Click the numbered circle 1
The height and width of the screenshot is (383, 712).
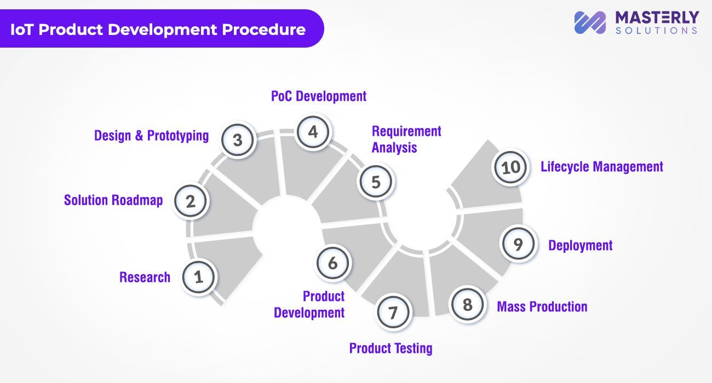[x=198, y=277]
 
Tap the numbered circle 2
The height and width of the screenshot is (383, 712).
[x=191, y=201]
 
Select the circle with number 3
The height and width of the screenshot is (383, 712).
[x=238, y=140]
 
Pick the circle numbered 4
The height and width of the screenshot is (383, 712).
[x=313, y=132]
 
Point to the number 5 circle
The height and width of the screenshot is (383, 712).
[x=376, y=182]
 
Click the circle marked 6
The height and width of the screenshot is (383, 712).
[x=332, y=263]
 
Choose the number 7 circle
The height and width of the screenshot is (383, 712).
[x=392, y=313]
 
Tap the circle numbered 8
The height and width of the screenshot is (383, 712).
[x=467, y=304]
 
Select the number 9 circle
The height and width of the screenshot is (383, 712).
[x=518, y=244]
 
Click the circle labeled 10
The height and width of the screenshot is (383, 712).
[x=510, y=167]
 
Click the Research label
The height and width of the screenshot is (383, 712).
[x=145, y=277]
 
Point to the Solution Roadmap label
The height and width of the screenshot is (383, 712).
[x=113, y=200]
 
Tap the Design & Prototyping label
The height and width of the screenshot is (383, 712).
[x=151, y=136]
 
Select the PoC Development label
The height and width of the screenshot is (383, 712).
[x=319, y=96]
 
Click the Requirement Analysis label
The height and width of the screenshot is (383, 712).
[x=406, y=140]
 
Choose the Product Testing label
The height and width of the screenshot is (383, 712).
[x=391, y=348]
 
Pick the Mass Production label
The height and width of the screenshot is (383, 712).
[x=542, y=306]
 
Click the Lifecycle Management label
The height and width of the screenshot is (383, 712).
[x=601, y=166]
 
